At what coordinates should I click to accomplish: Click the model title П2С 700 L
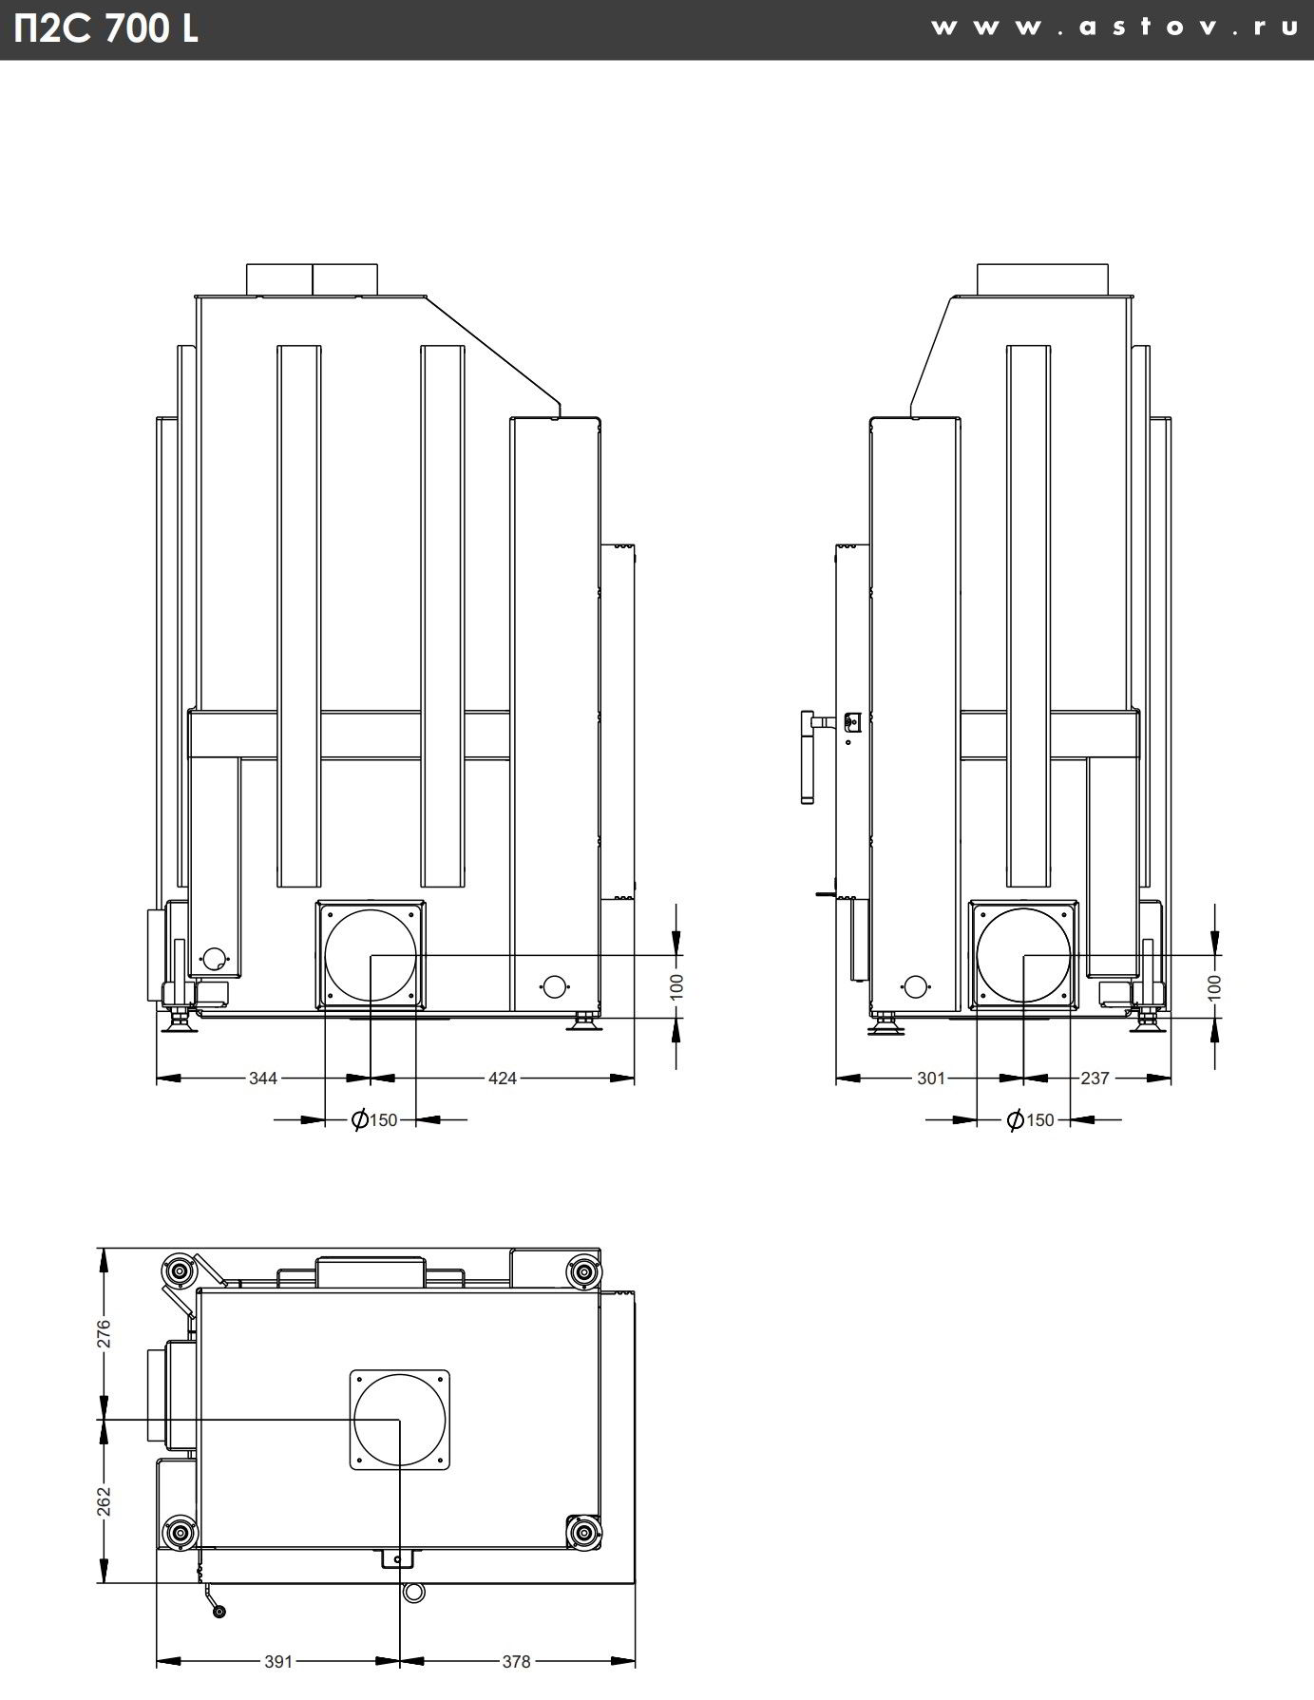[106, 29]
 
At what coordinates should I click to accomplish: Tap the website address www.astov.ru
[1114, 28]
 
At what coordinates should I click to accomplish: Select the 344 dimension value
[263, 1078]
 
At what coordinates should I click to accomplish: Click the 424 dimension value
[502, 1078]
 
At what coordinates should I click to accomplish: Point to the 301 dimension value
[931, 1078]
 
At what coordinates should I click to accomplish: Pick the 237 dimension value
[1095, 1078]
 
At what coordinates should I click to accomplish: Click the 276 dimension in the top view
[105, 1333]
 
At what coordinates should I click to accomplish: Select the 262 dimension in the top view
[105, 1501]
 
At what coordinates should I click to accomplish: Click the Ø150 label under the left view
[374, 1120]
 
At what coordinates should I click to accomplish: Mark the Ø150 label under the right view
[1031, 1120]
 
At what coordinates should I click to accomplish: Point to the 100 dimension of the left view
[676, 985]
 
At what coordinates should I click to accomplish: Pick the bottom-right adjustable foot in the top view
[581, 1532]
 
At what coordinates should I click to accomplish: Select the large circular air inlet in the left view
[370, 954]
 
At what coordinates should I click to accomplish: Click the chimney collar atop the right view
[1042, 279]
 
